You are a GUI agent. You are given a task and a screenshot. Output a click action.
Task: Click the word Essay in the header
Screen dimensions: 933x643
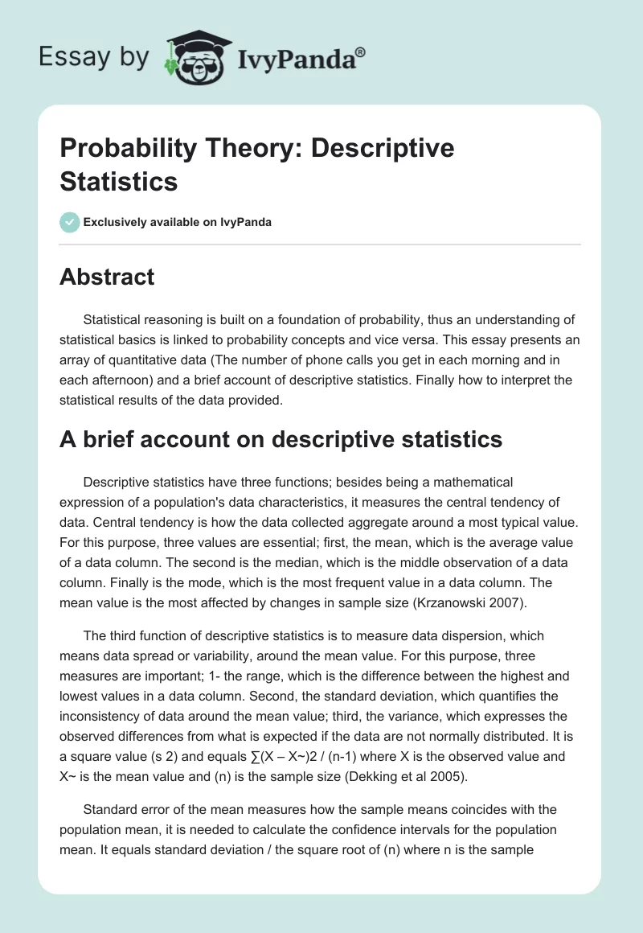64,56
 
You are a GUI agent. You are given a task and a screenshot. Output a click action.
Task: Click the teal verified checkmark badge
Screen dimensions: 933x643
69,222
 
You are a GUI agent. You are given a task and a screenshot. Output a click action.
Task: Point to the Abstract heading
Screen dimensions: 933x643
107,277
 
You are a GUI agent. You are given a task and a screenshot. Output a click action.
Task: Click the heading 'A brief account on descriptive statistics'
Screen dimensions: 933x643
281,439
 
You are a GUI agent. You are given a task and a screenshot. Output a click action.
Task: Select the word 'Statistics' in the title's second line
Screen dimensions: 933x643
118,181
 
